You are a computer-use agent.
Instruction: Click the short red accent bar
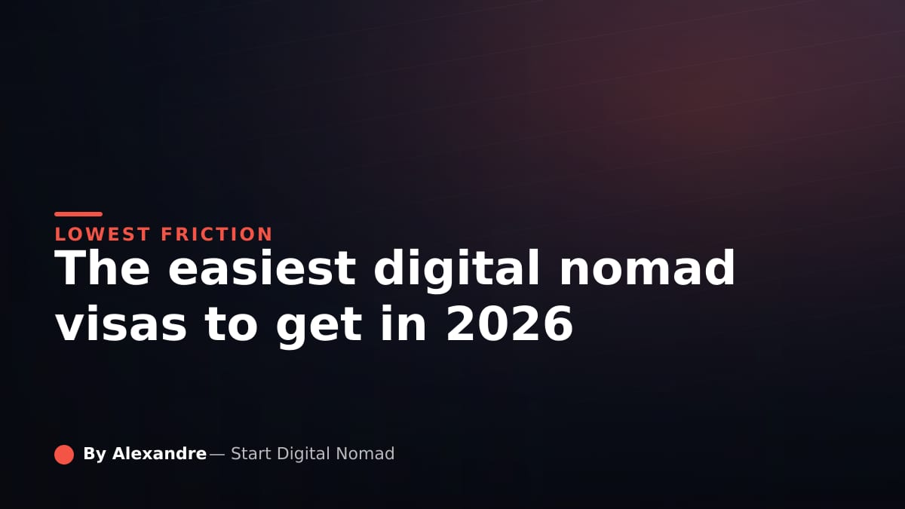(78, 214)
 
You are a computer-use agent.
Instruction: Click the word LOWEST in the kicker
(103, 235)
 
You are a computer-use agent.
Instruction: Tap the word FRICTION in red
(217, 235)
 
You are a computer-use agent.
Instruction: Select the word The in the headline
(103, 268)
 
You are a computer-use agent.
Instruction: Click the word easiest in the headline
(262, 268)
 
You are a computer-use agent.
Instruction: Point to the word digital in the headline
(457, 271)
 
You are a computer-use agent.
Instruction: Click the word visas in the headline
(121, 324)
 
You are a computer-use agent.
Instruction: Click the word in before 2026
(403, 323)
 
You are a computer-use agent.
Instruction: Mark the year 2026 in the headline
(509, 323)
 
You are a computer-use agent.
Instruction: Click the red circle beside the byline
(64, 455)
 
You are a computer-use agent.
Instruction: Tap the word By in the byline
(94, 454)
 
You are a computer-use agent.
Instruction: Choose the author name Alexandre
(160, 454)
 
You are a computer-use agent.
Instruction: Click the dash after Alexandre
(217, 455)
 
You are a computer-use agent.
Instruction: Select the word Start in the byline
(251, 454)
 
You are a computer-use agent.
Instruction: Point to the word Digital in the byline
(303, 455)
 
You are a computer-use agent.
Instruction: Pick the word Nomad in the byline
(365, 454)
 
